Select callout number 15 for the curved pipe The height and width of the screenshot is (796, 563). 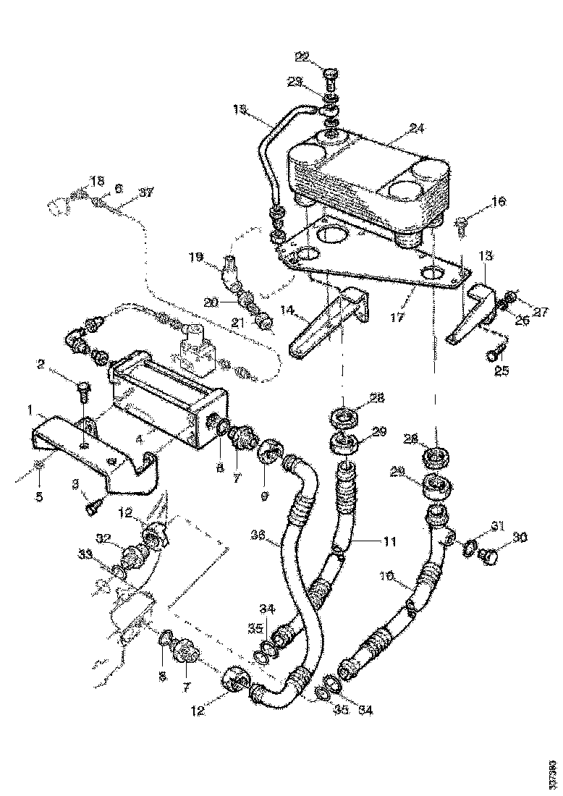coord(240,109)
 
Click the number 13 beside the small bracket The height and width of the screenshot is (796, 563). coord(486,256)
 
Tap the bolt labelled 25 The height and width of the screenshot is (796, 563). coord(493,355)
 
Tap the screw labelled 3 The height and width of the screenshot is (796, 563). coord(90,509)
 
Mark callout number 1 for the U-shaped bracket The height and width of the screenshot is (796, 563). coord(32,410)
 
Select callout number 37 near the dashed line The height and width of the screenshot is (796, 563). coord(146,192)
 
